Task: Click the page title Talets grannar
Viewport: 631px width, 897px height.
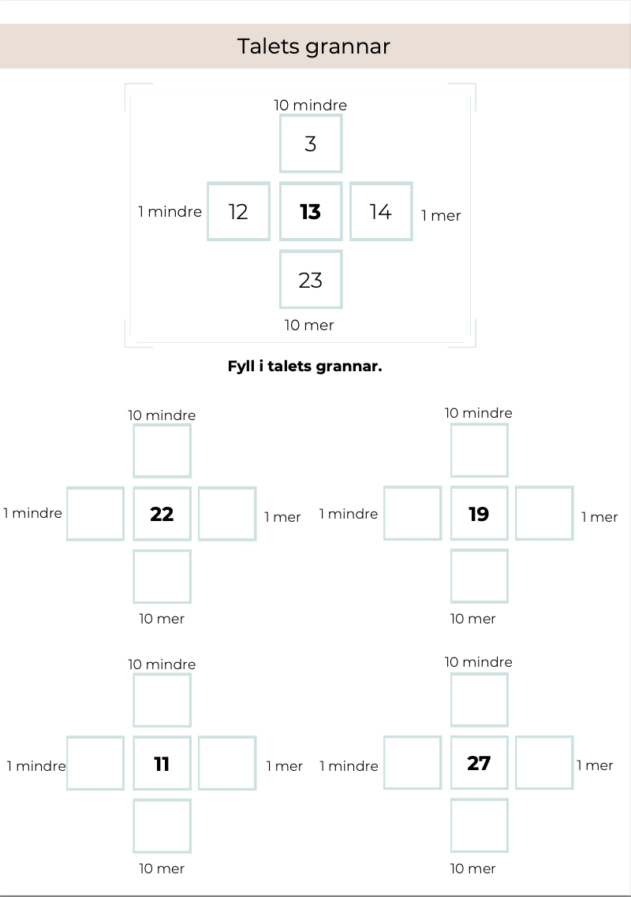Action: (314, 47)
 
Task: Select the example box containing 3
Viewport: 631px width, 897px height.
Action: (311, 143)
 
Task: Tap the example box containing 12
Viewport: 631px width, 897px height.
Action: (238, 211)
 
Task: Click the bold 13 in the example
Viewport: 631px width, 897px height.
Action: (311, 211)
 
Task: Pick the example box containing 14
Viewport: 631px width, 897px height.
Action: (381, 211)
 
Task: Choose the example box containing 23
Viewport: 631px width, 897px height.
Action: (311, 280)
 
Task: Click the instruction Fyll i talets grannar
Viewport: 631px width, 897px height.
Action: (304, 367)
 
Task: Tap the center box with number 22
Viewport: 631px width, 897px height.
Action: (162, 514)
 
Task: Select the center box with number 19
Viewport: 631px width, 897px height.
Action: (479, 514)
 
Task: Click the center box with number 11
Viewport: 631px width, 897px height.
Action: (162, 763)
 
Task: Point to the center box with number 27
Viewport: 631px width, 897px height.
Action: (479, 763)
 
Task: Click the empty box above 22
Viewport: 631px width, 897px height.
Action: (162, 451)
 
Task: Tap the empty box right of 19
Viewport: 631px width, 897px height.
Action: (544, 514)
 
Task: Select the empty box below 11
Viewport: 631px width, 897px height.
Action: (162, 826)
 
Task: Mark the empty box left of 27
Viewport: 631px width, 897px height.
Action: (413, 763)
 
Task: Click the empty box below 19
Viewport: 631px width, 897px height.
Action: (479, 576)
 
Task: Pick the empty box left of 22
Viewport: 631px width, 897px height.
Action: (95, 514)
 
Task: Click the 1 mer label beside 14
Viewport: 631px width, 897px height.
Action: (441, 215)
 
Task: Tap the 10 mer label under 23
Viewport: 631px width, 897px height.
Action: (309, 325)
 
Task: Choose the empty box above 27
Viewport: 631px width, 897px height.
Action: (479, 700)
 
